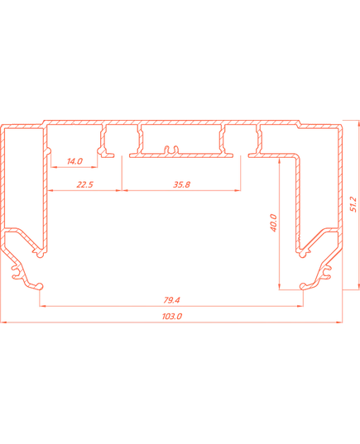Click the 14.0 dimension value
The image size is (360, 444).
(74, 161)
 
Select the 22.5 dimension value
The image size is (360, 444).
(84, 184)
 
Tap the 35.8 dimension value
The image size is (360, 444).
(182, 184)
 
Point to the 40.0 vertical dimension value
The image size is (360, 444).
(274, 223)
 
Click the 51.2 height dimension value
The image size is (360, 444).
(353, 204)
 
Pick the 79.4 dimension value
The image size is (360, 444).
(171, 300)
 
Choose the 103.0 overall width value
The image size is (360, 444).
(172, 316)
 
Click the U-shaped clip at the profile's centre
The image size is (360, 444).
(172, 150)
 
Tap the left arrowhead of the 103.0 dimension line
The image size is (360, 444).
(3, 322)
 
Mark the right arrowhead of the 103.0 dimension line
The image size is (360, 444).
(339, 322)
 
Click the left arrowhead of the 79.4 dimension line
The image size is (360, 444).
(42, 306)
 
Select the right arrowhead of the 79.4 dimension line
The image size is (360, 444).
(300, 306)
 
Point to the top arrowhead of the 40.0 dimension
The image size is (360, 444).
(280, 161)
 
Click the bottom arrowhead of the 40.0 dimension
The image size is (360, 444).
(280, 286)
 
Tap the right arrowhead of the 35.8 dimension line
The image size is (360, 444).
(238, 190)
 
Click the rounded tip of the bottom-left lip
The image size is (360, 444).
(41, 286)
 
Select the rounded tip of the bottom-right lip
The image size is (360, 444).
(303, 286)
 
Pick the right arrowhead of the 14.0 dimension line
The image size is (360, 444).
(94, 167)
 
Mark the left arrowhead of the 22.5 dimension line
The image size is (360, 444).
(50, 190)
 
